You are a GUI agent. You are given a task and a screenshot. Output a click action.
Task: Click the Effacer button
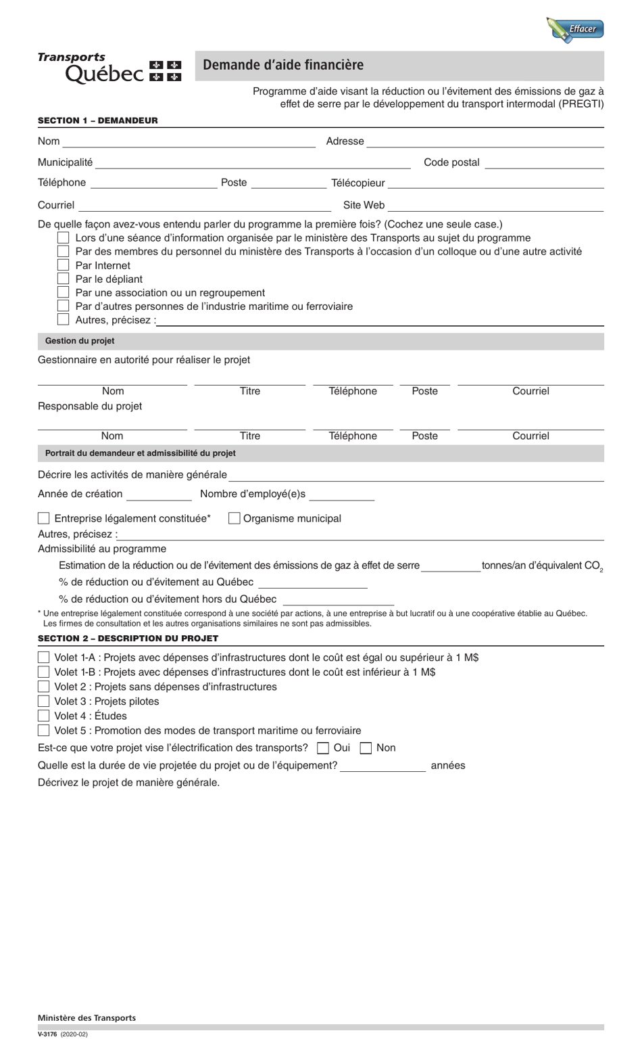(575, 29)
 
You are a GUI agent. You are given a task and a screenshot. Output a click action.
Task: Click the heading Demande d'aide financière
(283, 65)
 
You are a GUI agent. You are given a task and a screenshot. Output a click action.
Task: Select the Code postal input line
(544, 162)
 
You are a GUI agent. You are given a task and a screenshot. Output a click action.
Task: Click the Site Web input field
(495, 205)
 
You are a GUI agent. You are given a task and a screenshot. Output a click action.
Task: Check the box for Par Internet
(64, 265)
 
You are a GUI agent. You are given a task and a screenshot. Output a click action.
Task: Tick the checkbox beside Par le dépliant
(64, 279)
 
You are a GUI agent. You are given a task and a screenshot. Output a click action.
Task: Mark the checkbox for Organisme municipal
(234, 518)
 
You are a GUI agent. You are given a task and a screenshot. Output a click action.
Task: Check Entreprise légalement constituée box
(44, 518)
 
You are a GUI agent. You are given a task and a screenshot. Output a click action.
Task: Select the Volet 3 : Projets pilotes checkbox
(44, 701)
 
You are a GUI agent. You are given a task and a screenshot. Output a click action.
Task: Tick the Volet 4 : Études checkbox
(44, 716)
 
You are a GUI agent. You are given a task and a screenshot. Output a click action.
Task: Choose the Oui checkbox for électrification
(323, 747)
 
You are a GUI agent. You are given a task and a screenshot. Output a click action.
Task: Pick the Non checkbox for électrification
(366, 747)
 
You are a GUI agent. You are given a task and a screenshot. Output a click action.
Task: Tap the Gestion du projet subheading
(80, 341)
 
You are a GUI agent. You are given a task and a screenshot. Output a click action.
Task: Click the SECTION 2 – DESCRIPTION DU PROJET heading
(128, 638)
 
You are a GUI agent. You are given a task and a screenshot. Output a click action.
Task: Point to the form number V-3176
(47, 1034)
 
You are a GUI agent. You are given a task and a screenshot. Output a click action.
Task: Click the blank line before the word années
(382, 766)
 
